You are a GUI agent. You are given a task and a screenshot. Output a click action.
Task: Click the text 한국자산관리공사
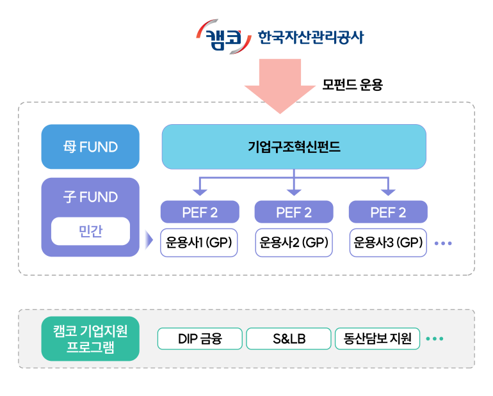point(310,37)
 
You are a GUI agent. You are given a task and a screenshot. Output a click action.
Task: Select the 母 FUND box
point(90,147)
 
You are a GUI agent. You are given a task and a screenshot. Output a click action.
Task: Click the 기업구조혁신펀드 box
point(294,147)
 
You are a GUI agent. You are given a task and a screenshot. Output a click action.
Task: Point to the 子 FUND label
point(90,197)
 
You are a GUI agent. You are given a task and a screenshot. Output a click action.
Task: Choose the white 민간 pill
point(90,232)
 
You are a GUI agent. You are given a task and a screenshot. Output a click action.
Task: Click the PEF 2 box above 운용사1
point(200,212)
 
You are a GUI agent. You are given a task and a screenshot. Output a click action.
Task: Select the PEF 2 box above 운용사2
point(294,212)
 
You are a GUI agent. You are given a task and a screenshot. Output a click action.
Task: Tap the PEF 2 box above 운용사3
point(388,212)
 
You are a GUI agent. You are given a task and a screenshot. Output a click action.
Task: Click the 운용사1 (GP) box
point(199,243)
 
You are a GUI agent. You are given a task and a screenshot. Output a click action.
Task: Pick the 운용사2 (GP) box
point(294,243)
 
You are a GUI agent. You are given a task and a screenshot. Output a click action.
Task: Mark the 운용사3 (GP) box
point(388,243)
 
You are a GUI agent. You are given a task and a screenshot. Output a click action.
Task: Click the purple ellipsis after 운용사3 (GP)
point(443,244)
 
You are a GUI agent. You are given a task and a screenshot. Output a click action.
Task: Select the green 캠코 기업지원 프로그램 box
point(90,339)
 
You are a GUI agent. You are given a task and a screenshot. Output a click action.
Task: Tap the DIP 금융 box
point(200,339)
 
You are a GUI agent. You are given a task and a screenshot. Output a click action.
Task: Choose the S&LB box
point(289,339)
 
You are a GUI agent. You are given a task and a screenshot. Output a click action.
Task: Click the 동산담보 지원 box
point(377,339)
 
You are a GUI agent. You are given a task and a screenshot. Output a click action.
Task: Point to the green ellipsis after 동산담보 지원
point(435,339)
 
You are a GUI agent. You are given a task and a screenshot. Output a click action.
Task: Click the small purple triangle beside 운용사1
point(149,241)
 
